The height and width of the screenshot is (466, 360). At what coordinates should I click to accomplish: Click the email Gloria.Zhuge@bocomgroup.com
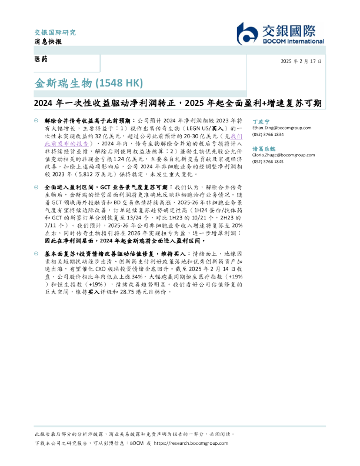[x=278, y=154]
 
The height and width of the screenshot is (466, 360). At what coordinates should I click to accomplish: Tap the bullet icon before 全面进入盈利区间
[x=38, y=186]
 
